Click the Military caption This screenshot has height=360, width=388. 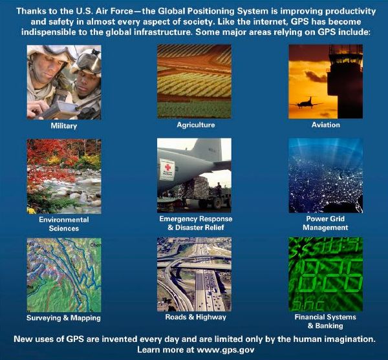(64, 126)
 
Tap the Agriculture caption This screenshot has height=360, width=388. (196, 125)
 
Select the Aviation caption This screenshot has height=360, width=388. (326, 125)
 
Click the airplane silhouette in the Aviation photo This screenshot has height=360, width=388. (306, 103)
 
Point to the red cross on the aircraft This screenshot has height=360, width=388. (167, 167)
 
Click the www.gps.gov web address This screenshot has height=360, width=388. (226, 350)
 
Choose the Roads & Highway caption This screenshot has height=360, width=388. (196, 317)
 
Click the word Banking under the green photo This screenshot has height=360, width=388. (329, 326)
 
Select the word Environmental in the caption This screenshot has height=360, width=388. (64, 220)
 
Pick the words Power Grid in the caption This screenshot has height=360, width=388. (325, 219)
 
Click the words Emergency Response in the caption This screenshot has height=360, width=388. (196, 219)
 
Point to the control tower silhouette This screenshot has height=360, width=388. (345, 81)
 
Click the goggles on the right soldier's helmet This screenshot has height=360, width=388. (89, 62)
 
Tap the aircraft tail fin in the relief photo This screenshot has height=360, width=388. (207, 149)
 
